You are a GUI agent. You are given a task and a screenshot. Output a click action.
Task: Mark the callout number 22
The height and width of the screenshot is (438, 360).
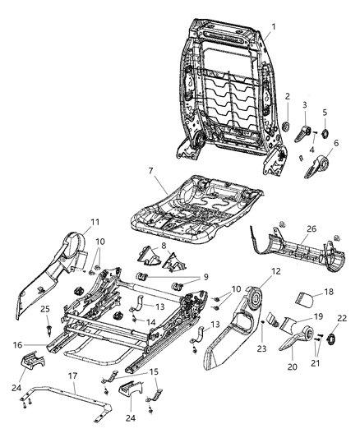click(342, 319)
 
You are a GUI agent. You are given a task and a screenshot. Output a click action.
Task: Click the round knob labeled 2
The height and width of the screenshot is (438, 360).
click(287, 127)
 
